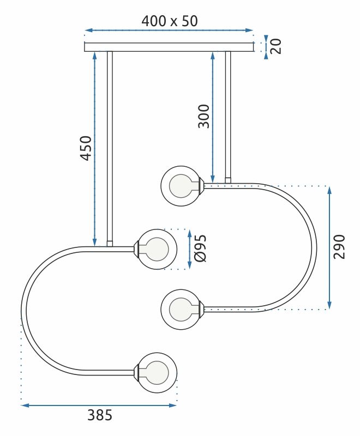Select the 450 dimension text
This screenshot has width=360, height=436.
(85, 148)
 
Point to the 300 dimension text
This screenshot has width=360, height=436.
(203, 116)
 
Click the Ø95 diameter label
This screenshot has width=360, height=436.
(200, 249)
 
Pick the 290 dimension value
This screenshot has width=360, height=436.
(339, 246)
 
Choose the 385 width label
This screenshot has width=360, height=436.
(100, 415)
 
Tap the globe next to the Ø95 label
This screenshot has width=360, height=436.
(157, 249)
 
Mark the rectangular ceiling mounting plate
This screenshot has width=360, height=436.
(169, 47)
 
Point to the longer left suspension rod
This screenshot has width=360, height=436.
(110, 147)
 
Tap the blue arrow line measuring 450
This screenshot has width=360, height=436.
(95, 148)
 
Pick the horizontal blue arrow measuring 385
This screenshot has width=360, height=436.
(99, 405)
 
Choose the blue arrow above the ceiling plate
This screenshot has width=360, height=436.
(169, 31)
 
